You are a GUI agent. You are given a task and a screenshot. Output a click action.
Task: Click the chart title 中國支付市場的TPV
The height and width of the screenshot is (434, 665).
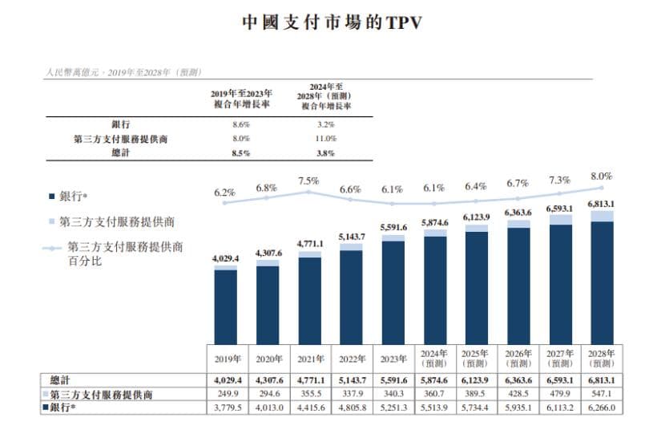point(332,22)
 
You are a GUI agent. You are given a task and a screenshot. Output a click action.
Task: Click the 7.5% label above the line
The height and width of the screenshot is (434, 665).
point(308,181)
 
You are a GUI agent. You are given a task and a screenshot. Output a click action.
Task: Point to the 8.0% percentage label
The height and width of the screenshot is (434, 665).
point(601,176)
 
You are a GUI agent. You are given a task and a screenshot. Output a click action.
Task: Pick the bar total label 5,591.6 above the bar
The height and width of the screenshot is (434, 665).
point(393,228)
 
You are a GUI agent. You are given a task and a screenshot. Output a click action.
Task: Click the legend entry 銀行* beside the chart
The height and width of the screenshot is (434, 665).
point(72,196)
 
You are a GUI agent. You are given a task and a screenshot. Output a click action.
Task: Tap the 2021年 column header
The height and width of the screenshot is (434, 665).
point(309,358)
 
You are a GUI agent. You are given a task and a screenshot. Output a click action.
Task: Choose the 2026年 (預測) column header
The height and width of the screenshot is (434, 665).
point(518,358)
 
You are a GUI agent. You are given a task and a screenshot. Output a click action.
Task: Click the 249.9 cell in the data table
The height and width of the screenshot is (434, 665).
point(226,394)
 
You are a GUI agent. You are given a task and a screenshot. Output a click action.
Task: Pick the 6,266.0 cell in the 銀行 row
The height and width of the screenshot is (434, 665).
point(601,408)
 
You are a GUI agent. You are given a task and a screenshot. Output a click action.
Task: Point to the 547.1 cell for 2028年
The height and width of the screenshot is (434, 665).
point(601,394)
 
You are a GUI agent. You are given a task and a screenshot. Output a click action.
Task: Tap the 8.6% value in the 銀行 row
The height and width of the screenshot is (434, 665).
point(241,125)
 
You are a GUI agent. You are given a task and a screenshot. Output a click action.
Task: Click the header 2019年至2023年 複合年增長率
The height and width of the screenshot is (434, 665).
point(241,99)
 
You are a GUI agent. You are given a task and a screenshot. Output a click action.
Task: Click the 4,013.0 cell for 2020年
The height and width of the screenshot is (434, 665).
point(268,408)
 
